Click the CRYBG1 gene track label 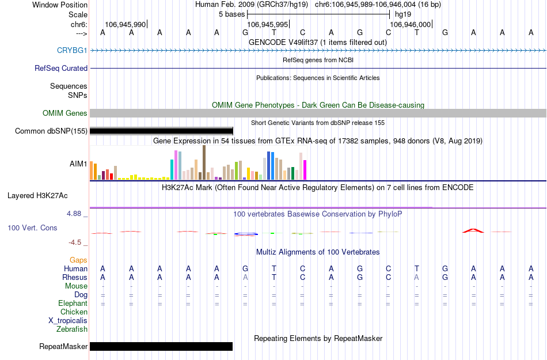pos(72,50)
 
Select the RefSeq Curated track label pos(61,68)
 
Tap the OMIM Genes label pos(65,113)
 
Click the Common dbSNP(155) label pos(51,131)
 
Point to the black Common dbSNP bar pos(161,131)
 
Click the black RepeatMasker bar pos(161,346)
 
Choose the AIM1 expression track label pos(78,164)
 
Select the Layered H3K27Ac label pos(37,195)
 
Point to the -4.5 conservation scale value pos(77,242)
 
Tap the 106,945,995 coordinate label pos(267,24)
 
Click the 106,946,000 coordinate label pos(410,24)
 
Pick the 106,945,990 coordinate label pos(126,24)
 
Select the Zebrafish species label pos(72,329)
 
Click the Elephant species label pos(73,303)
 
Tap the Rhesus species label pos(75,277)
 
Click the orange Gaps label pos(78,260)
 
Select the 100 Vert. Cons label pos(32,228)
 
